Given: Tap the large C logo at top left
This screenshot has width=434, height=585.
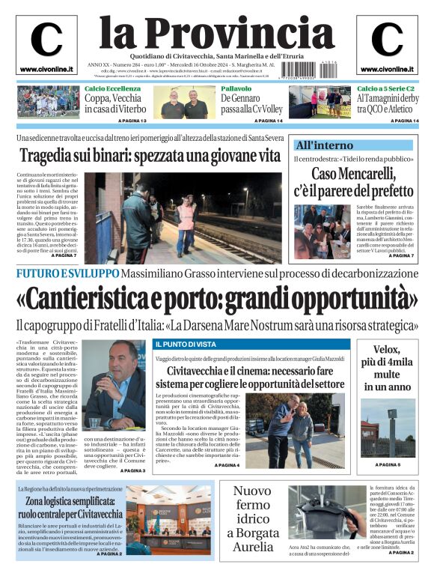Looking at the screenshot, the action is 46,39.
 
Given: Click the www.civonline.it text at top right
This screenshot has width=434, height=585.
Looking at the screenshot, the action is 386,70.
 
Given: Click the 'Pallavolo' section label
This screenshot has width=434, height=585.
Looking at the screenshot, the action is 236,89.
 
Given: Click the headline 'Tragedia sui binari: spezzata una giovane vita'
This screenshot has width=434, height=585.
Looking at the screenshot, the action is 150,157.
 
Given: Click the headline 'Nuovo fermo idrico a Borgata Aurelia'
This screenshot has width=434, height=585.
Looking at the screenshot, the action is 251,519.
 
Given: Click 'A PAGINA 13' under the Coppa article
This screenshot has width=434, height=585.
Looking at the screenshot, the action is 132,121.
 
